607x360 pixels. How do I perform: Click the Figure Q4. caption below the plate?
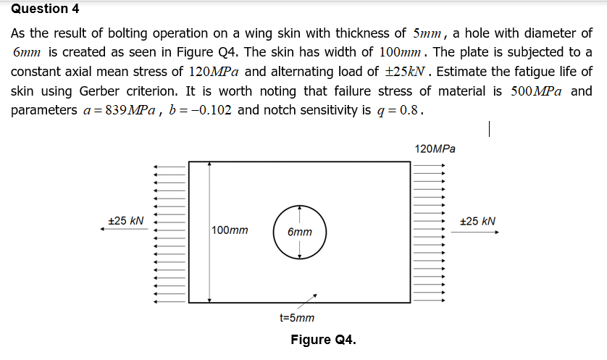[x=323, y=340]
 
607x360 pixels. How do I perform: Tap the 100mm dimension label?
[x=230, y=230]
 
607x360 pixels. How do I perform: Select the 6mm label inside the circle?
[x=299, y=233]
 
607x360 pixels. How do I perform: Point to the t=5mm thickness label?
[x=297, y=317]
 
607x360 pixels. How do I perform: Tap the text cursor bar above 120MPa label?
[x=490, y=130]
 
